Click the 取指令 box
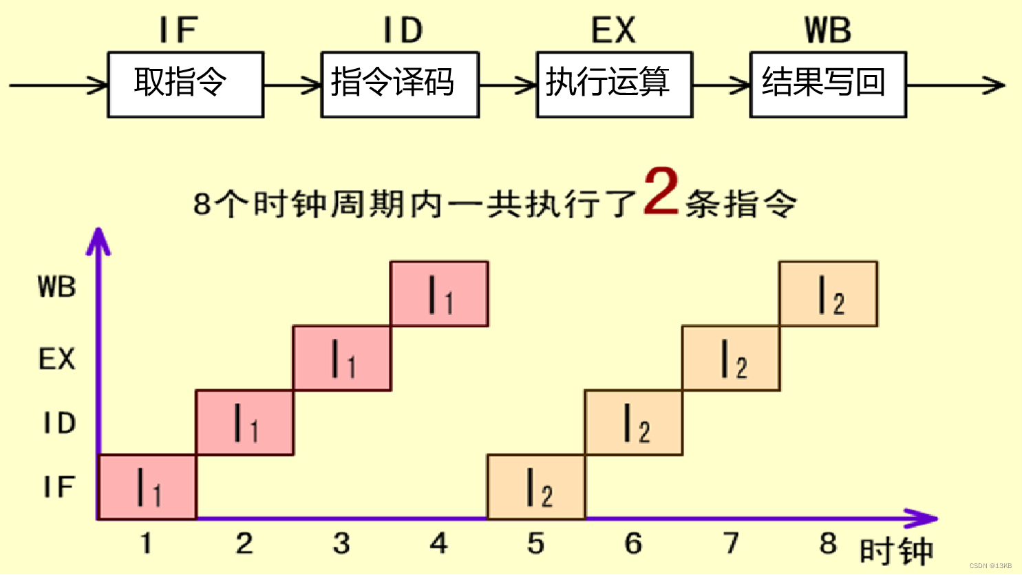(x=186, y=85)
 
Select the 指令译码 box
(x=400, y=85)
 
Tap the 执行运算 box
(x=614, y=85)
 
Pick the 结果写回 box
(x=828, y=85)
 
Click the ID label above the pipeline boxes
(x=403, y=31)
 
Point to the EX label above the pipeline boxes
(x=613, y=31)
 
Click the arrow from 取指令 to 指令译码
(x=292, y=86)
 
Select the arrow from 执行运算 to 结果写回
(x=721, y=86)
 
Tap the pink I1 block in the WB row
(x=439, y=294)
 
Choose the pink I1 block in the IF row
(x=147, y=487)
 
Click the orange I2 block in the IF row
(x=536, y=487)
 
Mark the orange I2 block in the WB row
(x=828, y=294)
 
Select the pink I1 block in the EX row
(x=342, y=358)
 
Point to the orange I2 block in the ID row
(x=634, y=423)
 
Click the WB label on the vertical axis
(x=57, y=287)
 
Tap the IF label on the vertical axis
(x=59, y=487)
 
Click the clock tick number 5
(x=536, y=544)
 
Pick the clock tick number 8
(x=828, y=544)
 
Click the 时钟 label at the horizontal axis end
(x=896, y=552)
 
